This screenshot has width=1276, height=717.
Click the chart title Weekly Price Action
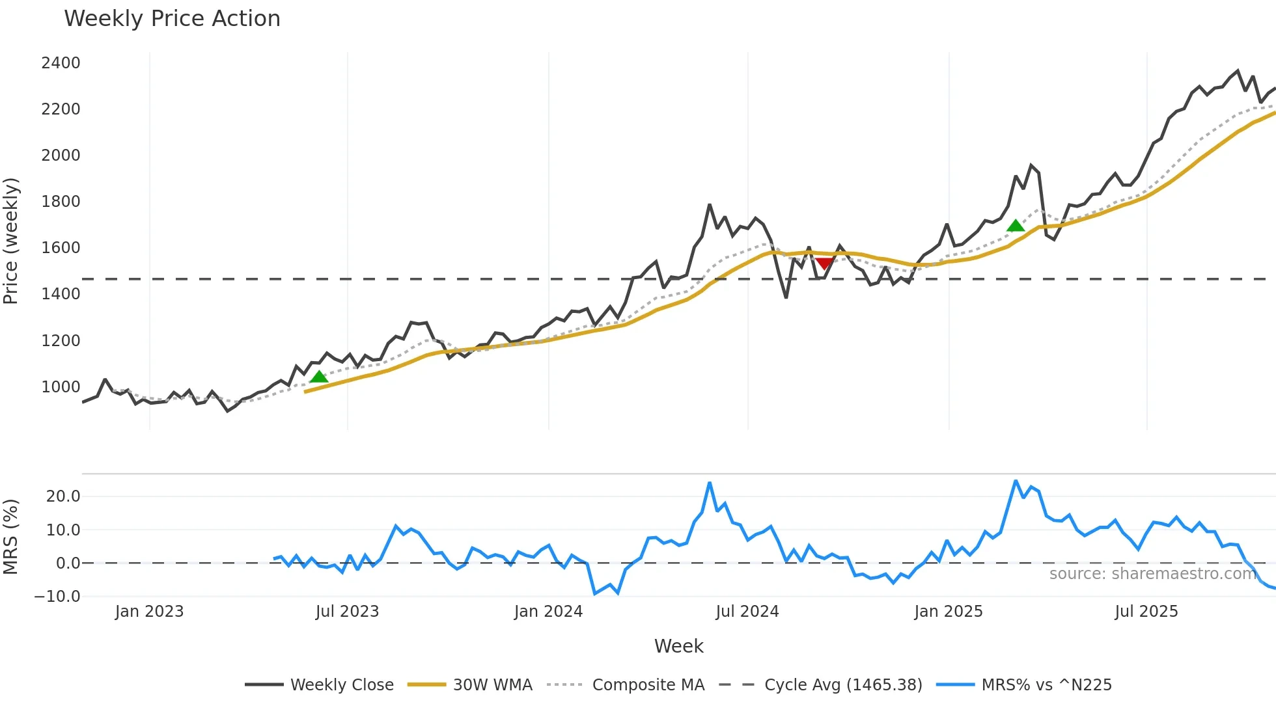click(x=172, y=19)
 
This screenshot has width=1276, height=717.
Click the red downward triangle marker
click(x=824, y=264)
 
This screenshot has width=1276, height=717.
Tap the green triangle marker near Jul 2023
click(x=318, y=377)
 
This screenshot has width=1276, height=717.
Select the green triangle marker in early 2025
click(x=1015, y=226)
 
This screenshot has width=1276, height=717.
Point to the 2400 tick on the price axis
click(x=61, y=63)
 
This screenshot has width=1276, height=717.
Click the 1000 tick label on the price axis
click(x=61, y=387)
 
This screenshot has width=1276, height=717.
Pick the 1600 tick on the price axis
click(x=61, y=248)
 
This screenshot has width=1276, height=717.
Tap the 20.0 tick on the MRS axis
click(x=63, y=496)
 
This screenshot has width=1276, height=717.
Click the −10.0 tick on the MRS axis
click(x=57, y=597)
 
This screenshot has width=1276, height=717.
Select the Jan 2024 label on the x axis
click(x=548, y=612)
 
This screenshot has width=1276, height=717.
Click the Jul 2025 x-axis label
click(x=1146, y=612)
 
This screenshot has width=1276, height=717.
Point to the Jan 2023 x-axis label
click(x=149, y=612)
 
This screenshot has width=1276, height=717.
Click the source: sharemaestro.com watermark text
click(x=1152, y=574)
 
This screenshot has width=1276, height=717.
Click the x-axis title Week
click(x=678, y=646)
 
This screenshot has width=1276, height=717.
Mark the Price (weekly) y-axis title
click(x=11, y=241)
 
